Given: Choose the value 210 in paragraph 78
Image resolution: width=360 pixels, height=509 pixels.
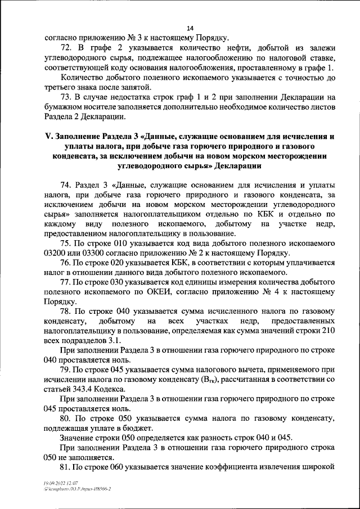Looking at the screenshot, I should [x=328, y=331].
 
